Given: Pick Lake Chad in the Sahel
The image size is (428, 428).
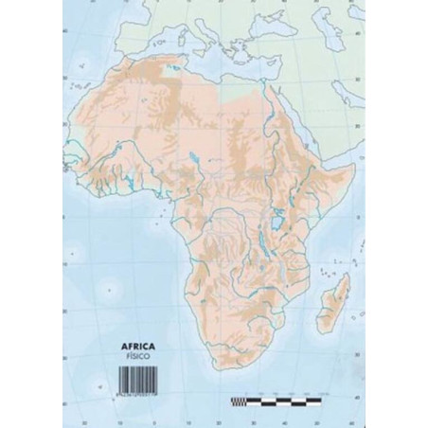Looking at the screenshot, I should (191, 153).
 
